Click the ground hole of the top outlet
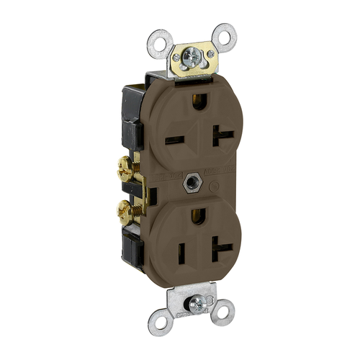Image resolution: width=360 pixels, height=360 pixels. point(198,104)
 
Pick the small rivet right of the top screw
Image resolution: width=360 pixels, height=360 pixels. point(210,53)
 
